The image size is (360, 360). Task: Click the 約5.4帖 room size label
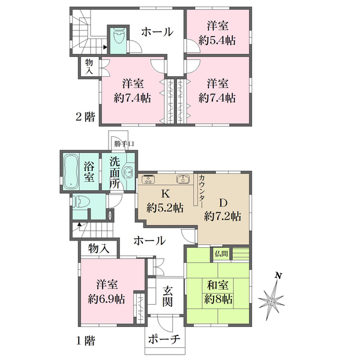pyautogui.click(x=217, y=41)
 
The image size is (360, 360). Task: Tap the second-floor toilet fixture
pyautogui.click(x=118, y=36)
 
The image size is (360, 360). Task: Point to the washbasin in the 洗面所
pyautogui.click(x=129, y=172)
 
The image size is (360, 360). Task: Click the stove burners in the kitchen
pyautogui.click(x=149, y=179)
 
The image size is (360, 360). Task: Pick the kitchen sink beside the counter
pyautogui.click(x=183, y=179)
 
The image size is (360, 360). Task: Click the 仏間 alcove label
pyautogui.click(x=221, y=254)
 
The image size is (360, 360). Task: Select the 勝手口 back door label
pyautogui.click(x=124, y=144)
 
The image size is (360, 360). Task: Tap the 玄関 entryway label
pyautogui.click(x=167, y=296)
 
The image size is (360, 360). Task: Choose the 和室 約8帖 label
pyautogui.click(x=218, y=292)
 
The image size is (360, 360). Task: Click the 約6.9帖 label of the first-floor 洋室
pyautogui.click(x=107, y=299)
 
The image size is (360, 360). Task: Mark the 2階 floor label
pyautogui.click(x=85, y=117)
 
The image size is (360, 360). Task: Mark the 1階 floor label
pyautogui.click(x=85, y=341)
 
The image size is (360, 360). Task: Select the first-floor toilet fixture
pyautogui.click(x=79, y=202)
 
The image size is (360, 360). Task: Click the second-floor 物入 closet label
pyautogui.click(x=89, y=67)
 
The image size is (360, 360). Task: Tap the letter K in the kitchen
pyautogui.click(x=166, y=194)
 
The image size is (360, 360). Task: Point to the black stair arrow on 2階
pyautogui.click(x=105, y=47)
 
